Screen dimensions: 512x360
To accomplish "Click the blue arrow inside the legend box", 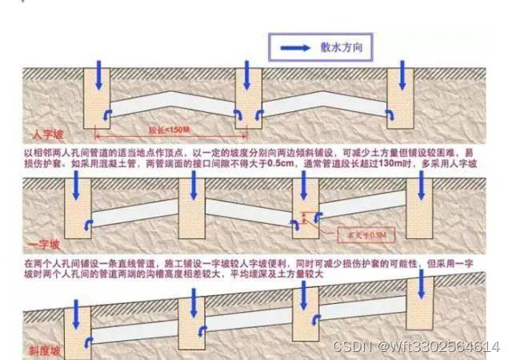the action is tap(295, 48).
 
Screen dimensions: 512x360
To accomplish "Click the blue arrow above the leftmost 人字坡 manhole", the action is tap(98, 74).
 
